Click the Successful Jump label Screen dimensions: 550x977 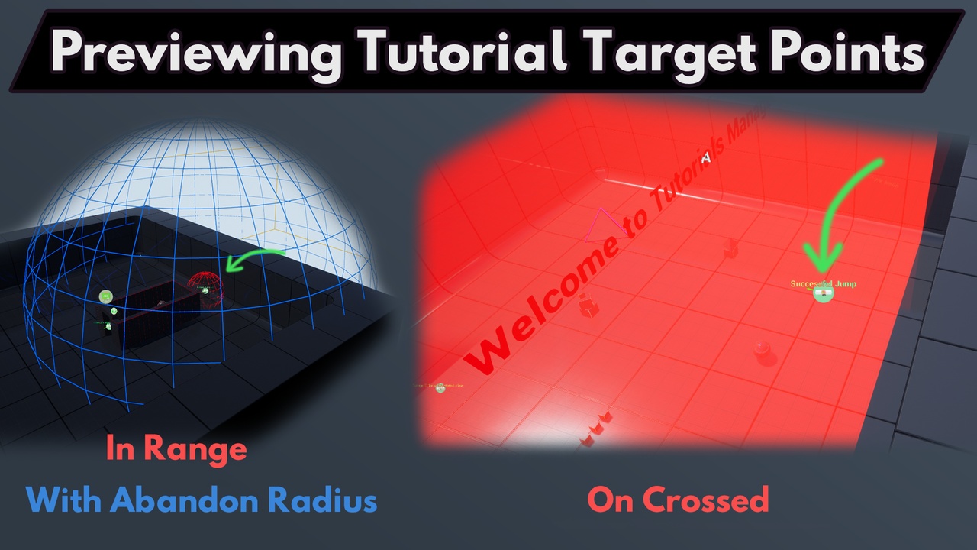[x=823, y=283]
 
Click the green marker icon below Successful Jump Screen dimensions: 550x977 [x=823, y=294]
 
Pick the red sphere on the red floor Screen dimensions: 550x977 [x=762, y=351]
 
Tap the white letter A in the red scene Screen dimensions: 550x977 [x=706, y=158]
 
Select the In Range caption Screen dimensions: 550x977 [x=176, y=448]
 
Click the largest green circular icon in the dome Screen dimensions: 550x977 [x=106, y=296]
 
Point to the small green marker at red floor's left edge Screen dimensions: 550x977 [x=440, y=388]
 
